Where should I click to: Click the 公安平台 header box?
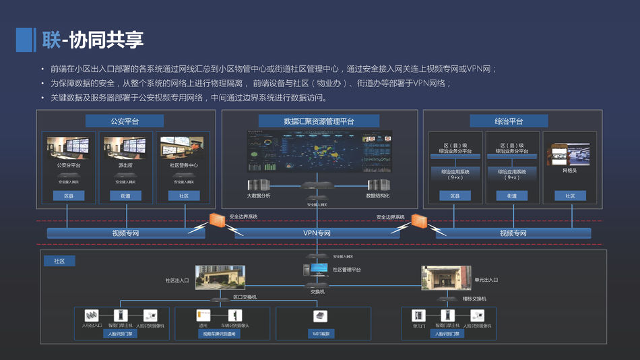coord(124,121)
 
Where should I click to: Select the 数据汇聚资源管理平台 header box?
coord(319,121)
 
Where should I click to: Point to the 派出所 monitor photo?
coord(125,148)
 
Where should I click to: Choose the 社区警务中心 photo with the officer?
coord(183,148)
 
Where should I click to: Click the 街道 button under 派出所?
coord(125,196)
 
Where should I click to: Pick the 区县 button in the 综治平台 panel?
coord(455,196)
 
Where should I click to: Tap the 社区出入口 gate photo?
coord(220,277)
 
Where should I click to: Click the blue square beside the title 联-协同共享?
coord(25,40)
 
